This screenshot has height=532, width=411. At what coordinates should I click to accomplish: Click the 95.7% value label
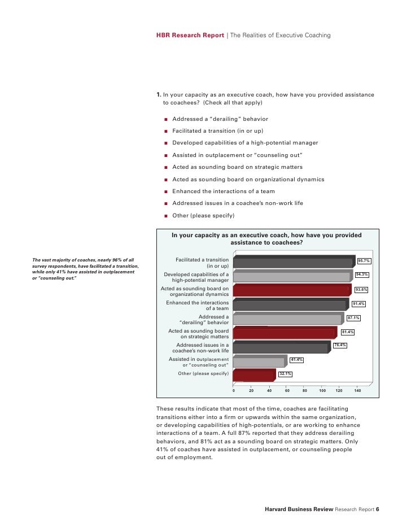364,261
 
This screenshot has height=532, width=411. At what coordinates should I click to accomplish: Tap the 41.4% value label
296,360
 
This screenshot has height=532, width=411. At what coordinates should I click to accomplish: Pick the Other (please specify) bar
253,376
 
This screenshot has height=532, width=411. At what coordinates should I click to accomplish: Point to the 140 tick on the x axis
358,390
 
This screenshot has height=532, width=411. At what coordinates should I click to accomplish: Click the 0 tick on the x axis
233,390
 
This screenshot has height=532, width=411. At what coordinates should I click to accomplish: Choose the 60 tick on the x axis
287,390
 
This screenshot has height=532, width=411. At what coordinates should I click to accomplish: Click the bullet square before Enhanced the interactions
167,191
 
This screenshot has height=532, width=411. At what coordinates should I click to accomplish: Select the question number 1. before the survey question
159,95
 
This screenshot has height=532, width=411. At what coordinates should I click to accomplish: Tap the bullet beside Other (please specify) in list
167,216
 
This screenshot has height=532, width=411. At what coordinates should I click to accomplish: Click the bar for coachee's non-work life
280,348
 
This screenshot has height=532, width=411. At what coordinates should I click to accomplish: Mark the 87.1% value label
354,318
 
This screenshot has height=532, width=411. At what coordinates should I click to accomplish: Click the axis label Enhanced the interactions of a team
197,306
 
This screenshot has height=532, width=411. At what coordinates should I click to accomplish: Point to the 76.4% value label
340,345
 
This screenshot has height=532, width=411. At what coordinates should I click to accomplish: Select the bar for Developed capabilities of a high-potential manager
291,277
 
